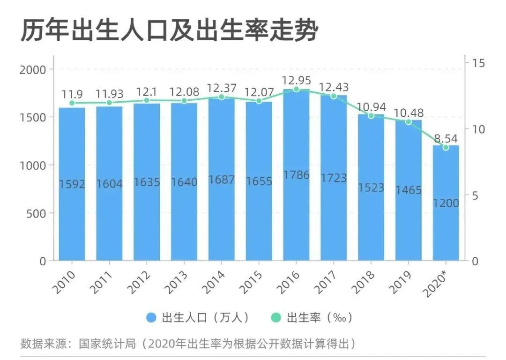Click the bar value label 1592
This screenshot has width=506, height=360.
point(72,184)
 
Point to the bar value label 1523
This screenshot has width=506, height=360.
point(371,187)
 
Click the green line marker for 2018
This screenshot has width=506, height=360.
point(371,115)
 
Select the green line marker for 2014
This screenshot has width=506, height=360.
point(222,97)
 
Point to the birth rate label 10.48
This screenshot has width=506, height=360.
point(408,113)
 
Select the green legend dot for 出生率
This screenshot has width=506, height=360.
point(276,317)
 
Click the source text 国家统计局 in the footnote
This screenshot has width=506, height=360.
point(115,345)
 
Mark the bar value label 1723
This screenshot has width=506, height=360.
point(334,178)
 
